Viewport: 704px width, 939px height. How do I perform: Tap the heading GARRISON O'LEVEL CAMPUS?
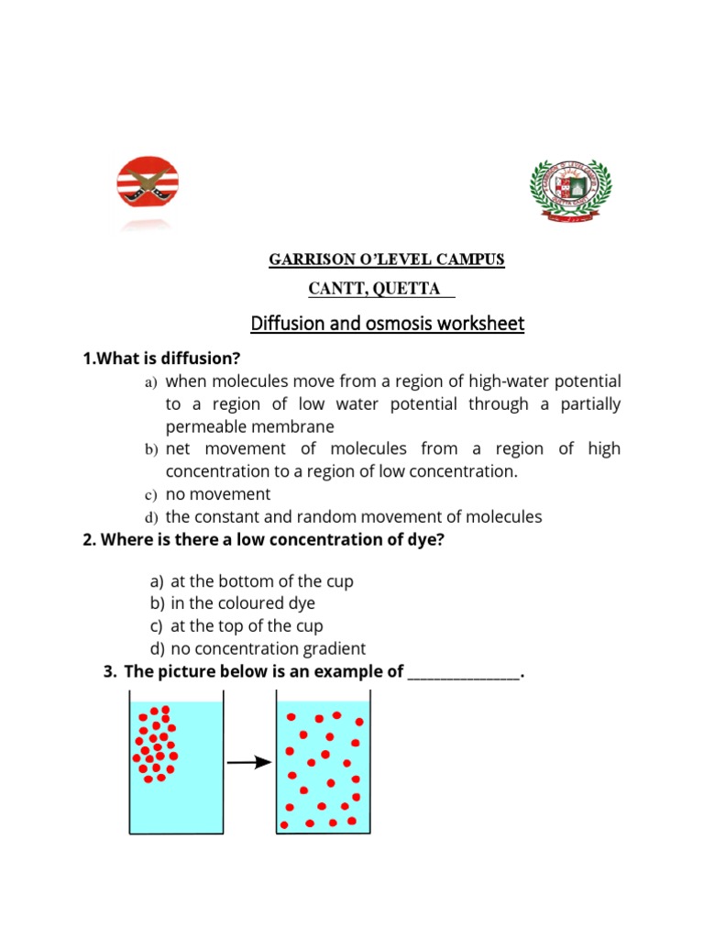pyautogui.click(x=386, y=260)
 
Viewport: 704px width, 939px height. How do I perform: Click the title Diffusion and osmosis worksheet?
pyautogui.click(x=388, y=324)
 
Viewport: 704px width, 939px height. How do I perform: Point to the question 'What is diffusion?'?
pyautogui.click(x=167, y=358)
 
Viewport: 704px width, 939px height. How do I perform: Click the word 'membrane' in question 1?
pyautogui.click(x=295, y=426)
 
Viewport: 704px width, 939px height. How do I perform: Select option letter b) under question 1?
pyautogui.click(x=151, y=449)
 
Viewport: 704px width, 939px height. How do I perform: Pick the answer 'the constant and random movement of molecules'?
pyautogui.click(x=354, y=516)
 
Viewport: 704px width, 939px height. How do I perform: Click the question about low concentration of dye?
pyautogui.click(x=263, y=539)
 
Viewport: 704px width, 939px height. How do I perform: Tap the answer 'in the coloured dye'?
pyautogui.click(x=243, y=603)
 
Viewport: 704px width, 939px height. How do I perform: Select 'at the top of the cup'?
pyautogui.click(x=247, y=626)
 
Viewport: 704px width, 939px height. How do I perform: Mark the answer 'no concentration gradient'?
pyautogui.click(x=268, y=649)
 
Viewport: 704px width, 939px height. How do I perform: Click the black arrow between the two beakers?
pyautogui.click(x=249, y=761)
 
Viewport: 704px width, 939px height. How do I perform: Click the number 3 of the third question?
pyautogui.click(x=109, y=672)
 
